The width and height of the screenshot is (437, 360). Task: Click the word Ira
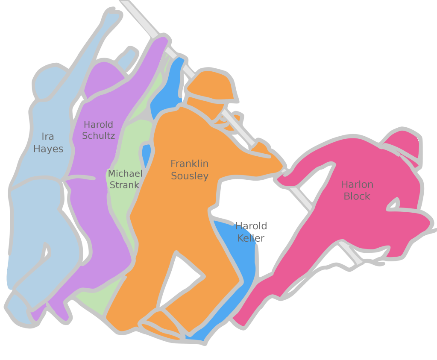48,137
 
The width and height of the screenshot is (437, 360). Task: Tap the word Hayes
48,149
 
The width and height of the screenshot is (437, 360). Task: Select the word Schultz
98,136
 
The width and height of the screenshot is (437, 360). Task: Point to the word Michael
125,173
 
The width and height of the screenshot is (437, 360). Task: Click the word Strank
124,185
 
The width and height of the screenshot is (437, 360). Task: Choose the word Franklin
190,164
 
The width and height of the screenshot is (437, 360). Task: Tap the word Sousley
190,176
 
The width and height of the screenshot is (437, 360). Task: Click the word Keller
251,238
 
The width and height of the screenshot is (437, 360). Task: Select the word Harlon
357,184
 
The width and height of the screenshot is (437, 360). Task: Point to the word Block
357,196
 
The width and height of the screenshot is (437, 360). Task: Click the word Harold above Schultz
98,124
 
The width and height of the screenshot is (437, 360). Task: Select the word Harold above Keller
251,226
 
